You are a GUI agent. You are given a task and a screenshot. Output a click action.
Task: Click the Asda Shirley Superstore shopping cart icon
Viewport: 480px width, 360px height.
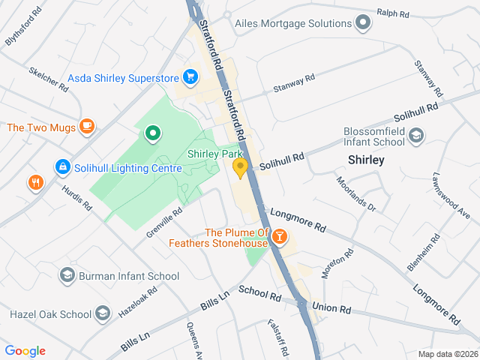[x=190, y=77]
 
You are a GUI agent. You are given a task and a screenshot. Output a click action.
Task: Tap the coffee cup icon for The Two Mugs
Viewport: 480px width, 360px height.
[x=88, y=127]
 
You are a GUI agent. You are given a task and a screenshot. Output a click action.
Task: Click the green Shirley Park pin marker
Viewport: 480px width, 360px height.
[x=153, y=134]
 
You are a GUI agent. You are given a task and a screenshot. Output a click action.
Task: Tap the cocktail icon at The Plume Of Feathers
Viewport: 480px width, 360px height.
[x=279, y=238]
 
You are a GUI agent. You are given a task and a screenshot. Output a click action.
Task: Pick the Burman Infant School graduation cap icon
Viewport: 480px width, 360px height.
[x=67, y=276]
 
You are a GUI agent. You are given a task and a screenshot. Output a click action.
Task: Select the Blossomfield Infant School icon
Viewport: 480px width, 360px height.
[x=416, y=136]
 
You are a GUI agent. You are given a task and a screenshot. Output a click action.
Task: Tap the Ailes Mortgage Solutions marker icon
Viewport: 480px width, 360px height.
[x=364, y=23]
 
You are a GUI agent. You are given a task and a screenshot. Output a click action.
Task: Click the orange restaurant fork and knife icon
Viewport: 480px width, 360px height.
[x=35, y=182]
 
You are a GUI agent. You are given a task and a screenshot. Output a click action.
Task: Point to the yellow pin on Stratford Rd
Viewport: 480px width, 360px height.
[x=240, y=168]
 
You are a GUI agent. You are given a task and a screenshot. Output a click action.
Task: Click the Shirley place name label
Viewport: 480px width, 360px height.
[x=366, y=160]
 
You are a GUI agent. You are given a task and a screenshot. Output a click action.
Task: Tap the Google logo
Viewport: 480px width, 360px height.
[x=25, y=351]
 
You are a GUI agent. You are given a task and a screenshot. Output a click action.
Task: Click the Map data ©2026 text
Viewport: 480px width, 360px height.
[x=447, y=354]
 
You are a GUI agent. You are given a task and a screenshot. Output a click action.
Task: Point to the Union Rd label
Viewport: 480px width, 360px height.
[x=331, y=308]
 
